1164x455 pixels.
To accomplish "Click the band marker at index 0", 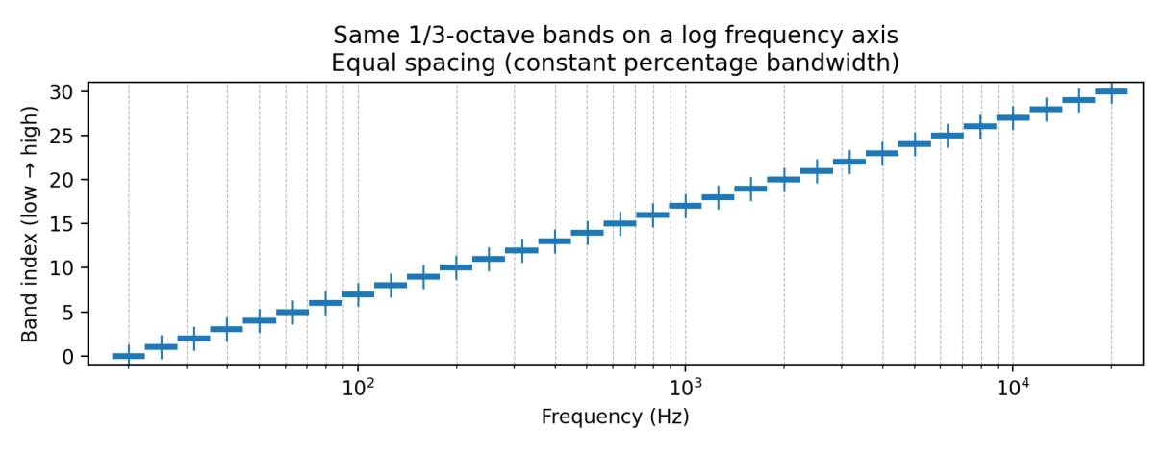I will (128, 356).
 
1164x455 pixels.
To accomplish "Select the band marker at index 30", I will (1111, 91).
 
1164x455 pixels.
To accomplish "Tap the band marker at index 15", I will (620, 223).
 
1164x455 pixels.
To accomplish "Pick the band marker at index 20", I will (783, 179).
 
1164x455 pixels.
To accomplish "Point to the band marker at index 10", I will (456, 267).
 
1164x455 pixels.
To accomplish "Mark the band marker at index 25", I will (948, 136).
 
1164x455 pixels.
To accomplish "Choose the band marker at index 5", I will (292, 312).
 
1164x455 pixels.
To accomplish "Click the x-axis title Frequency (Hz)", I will (615, 417).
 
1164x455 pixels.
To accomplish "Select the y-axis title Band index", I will (30, 223).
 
